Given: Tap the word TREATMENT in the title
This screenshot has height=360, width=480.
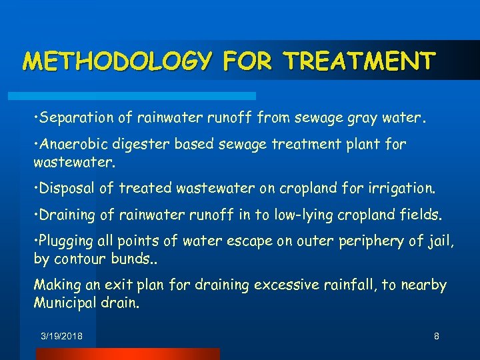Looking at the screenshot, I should [360, 61].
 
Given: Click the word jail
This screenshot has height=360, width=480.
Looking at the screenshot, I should [439, 241].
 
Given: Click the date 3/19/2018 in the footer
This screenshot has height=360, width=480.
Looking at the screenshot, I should [61, 337].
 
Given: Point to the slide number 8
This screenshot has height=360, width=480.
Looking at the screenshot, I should [436, 337].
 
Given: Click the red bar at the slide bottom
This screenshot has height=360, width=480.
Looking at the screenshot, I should [127, 354].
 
